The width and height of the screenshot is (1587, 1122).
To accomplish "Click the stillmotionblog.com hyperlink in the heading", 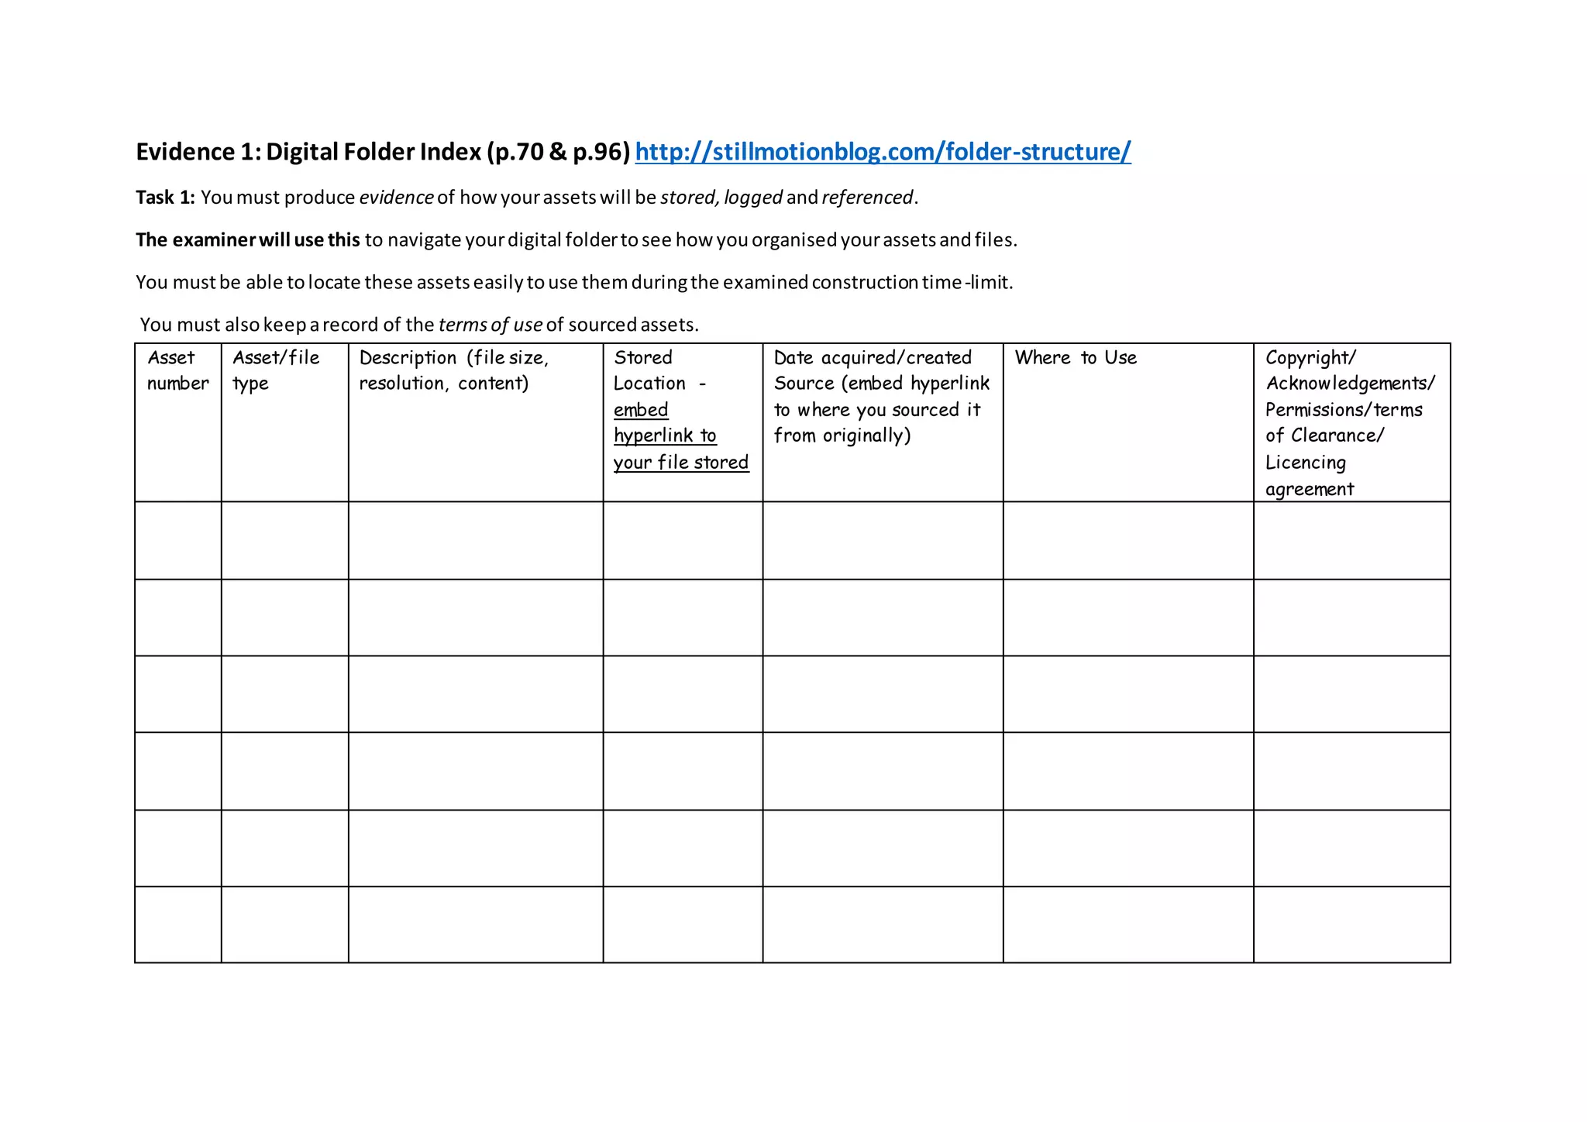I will (883, 152).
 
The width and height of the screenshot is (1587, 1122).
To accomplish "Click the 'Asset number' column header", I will (177, 370).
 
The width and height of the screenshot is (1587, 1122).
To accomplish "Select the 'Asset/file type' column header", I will (276, 370).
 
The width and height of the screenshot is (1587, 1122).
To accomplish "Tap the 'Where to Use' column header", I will (1076, 358).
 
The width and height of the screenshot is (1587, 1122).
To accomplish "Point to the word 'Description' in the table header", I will (408, 358).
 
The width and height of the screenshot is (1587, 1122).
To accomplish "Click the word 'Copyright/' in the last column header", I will (1310, 358).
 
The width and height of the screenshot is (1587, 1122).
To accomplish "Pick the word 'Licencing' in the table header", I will (1306, 463).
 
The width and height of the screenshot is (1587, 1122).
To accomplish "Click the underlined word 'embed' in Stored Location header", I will (641, 410).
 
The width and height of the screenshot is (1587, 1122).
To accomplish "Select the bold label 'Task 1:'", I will (165, 198).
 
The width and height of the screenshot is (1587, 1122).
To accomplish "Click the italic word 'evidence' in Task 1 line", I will (396, 198).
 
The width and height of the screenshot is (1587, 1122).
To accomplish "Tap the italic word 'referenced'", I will (867, 198).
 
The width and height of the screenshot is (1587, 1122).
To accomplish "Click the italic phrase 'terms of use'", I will (490, 325).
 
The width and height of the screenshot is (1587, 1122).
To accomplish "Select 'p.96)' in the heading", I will (601, 152).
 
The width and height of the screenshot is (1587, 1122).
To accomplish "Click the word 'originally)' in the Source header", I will (867, 435).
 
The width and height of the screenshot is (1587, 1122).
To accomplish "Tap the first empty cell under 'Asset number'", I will (178, 540).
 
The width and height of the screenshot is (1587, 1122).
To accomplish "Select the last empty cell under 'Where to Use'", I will (1128, 924).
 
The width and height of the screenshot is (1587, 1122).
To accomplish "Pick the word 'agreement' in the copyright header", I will (1310, 489).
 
